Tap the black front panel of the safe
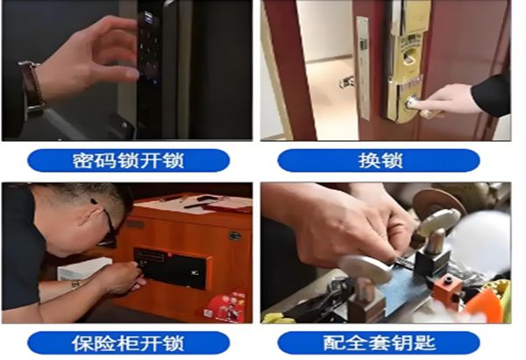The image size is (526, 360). coord(170,268)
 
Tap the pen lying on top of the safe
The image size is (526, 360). coord(207,204)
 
